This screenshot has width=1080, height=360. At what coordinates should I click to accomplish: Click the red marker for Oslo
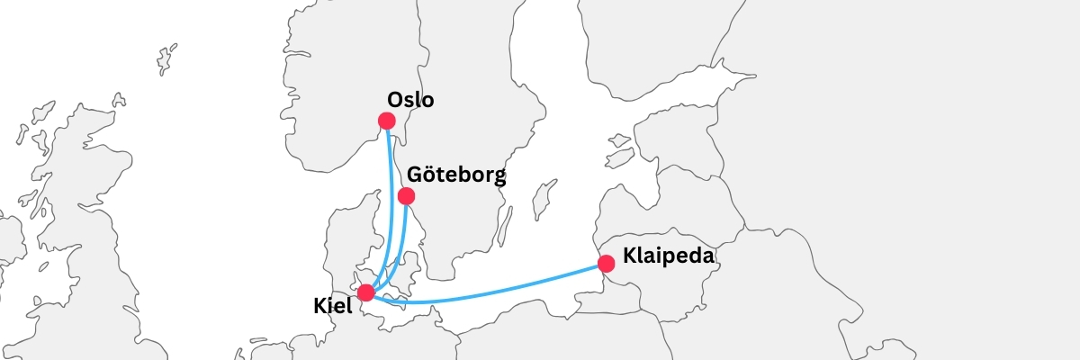coord(387,121)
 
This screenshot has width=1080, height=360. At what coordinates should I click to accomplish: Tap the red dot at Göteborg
coord(406,196)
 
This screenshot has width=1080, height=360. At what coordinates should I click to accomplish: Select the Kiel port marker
coord(365,292)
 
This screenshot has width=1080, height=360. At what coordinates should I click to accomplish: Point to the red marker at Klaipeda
coord(607,264)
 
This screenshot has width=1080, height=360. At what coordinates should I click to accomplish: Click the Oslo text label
coord(410,100)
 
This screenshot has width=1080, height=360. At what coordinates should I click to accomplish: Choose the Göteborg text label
coord(455,175)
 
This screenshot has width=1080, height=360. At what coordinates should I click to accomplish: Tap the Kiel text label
coord(333,306)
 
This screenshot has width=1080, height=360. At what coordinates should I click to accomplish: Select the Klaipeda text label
coord(668,256)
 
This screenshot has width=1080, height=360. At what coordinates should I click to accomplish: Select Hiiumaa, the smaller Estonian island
coord(619,140)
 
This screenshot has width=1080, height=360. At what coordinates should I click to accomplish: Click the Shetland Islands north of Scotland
coord(166,59)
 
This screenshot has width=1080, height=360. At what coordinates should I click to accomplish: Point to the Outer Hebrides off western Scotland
coord(22,131)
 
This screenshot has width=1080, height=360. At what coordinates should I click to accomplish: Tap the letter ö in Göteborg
coord(428,175)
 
